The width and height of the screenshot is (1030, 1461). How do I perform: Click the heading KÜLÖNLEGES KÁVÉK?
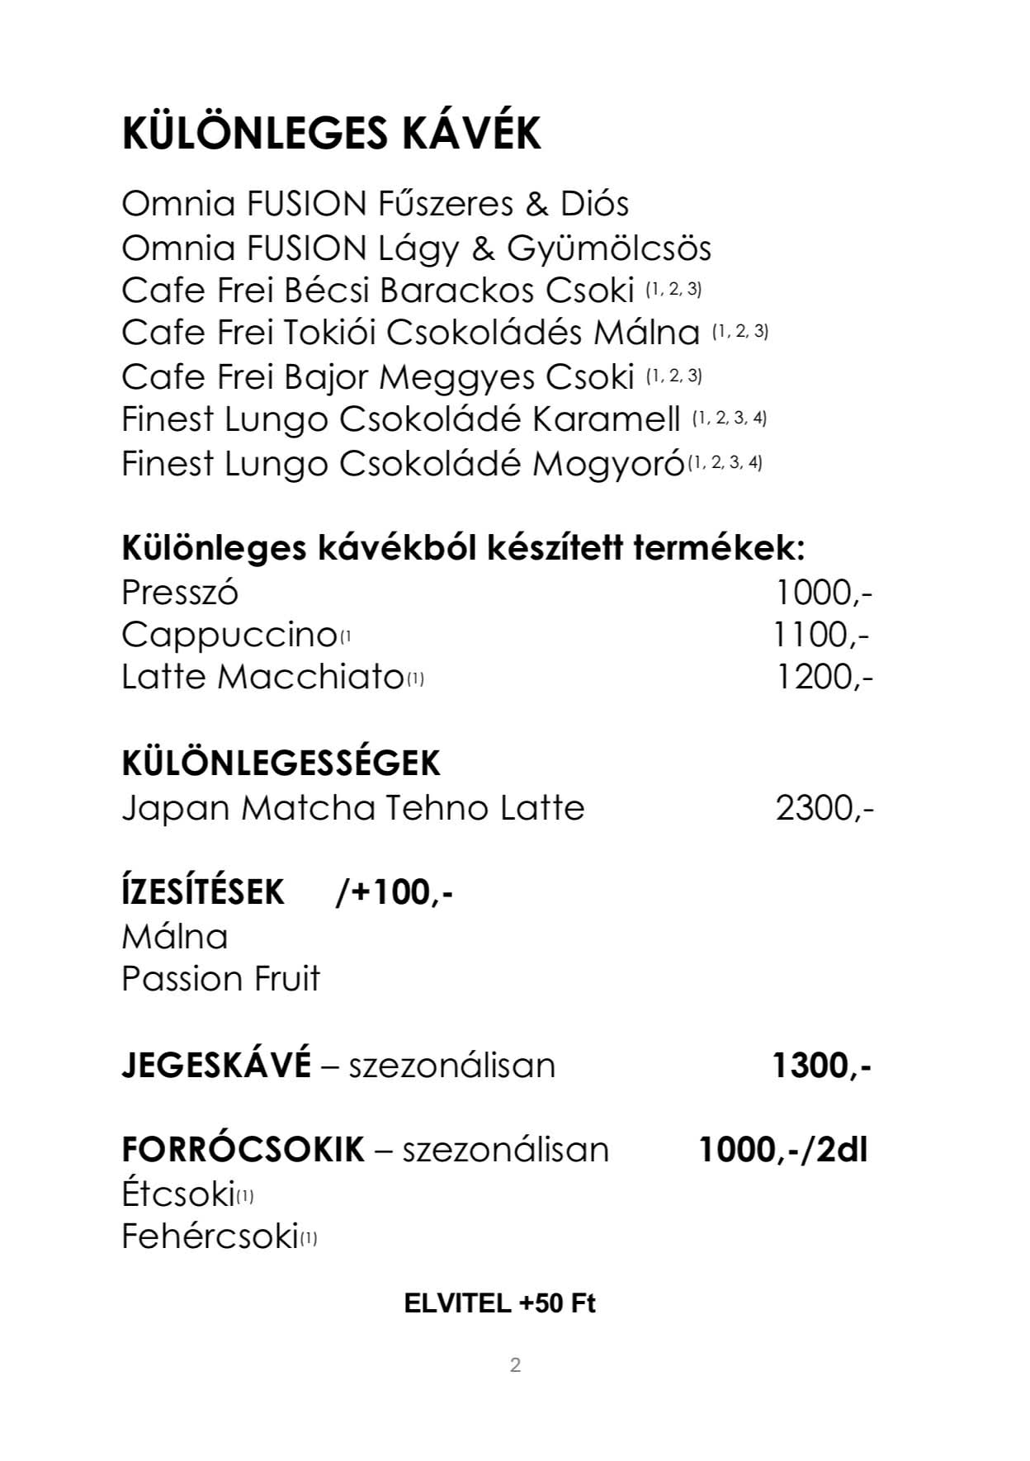[331, 134]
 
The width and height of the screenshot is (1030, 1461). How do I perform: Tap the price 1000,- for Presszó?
[823, 593]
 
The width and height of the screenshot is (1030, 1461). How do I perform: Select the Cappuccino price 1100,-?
[821, 635]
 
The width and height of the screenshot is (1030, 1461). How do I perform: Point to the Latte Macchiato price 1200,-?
[824, 677]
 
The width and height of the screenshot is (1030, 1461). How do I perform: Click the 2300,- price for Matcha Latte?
[824, 807]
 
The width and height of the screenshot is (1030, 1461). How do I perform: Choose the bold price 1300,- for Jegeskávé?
[821, 1066]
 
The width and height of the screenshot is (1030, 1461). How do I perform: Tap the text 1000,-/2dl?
[783, 1149]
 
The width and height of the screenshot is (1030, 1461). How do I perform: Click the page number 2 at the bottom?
[515, 1365]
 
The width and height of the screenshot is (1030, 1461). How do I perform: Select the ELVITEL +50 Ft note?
[499, 1303]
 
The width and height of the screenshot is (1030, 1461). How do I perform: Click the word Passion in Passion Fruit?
[171, 979]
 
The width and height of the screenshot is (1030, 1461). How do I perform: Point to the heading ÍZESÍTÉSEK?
[202, 892]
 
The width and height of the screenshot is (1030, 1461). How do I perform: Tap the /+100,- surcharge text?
[395, 892]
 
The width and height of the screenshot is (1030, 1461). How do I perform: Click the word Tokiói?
[330, 333]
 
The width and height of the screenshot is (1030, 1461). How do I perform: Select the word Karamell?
[607, 419]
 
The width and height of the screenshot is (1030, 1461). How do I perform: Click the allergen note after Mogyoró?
[725, 462]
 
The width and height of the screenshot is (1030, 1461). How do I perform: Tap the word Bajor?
[326, 376]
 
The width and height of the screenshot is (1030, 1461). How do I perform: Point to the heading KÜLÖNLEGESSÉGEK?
[281, 764]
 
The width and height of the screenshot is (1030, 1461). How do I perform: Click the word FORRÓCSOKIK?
[243, 1149]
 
